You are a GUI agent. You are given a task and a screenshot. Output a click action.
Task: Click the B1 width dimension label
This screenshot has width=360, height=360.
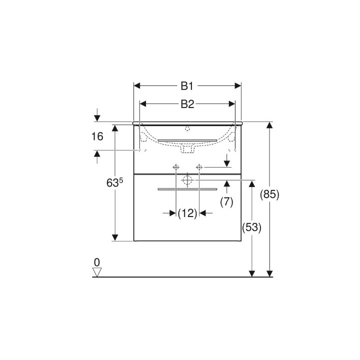187,86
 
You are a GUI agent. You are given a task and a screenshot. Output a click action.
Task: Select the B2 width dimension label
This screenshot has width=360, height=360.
187,104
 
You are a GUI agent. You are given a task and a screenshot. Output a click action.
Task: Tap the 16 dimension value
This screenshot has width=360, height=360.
97,136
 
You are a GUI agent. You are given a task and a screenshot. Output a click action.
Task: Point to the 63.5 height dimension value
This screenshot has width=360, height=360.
115,182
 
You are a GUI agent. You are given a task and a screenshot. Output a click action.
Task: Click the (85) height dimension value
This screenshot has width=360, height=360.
269,194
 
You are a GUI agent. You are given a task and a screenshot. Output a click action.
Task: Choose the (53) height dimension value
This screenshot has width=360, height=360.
251,227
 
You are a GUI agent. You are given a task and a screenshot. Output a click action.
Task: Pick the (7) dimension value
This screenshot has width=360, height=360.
226,202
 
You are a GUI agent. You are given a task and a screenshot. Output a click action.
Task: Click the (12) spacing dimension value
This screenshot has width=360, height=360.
187,213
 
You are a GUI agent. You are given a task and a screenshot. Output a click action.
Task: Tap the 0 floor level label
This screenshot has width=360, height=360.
97,262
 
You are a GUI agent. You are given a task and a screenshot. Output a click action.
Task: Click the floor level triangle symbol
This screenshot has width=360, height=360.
97,272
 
